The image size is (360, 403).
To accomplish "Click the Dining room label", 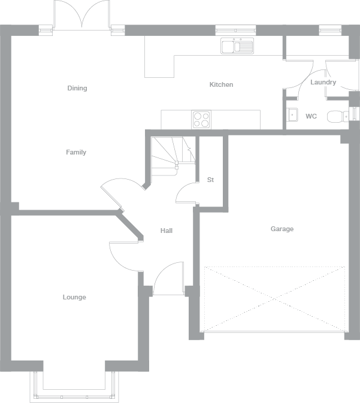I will coord(77,88).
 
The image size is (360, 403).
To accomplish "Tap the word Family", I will coord(76,152).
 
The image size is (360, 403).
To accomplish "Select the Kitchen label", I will coord(221,84).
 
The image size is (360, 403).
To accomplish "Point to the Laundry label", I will coord(323,82).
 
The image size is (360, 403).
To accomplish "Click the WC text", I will coord(311,116).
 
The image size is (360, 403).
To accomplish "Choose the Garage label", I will coord(282,229).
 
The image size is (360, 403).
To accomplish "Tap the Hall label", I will coord(167,231).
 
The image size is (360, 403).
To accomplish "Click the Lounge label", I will coord(74,297).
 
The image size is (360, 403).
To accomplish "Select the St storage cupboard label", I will coord(210,180).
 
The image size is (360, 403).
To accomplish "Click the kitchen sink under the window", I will coord(238,46).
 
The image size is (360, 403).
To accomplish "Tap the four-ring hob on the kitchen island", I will coord(201,120).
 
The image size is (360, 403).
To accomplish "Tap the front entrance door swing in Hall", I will coord(168,278).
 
